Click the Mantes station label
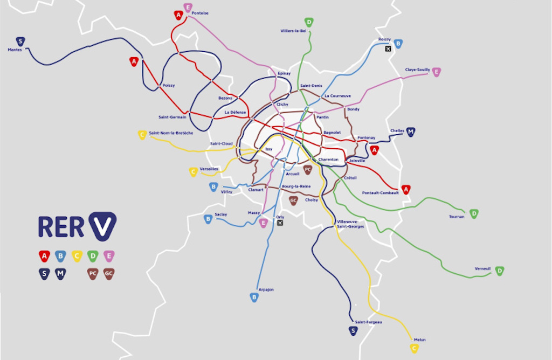pyautogui.click(x=15, y=50)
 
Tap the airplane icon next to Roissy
pyautogui.click(x=388, y=49)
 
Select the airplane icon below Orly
pyautogui.click(x=279, y=223)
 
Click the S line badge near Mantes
pyautogui.click(x=20, y=41)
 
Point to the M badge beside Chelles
pyautogui.click(x=411, y=131)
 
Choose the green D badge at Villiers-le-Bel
pyautogui.click(x=309, y=22)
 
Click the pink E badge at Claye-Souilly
pyautogui.click(x=436, y=72)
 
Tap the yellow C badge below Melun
pyautogui.click(x=414, y=348)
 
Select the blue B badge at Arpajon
pyautogui.click(x=254, y=297)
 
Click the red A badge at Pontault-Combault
pyautogui.click(x=406, y=189)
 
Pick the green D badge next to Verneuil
pyautogui.click(x=500, y=271)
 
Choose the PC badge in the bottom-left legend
pyautogui.click(x=93, y=274)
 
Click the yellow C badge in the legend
pyautogui.click(x=77, y=256)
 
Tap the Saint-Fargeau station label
pyautogui.click(x=368, y=322)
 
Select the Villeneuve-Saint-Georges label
pyautogui.click(x=350, y=224)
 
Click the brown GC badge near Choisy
pyautogui.click(x=293, y=200)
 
